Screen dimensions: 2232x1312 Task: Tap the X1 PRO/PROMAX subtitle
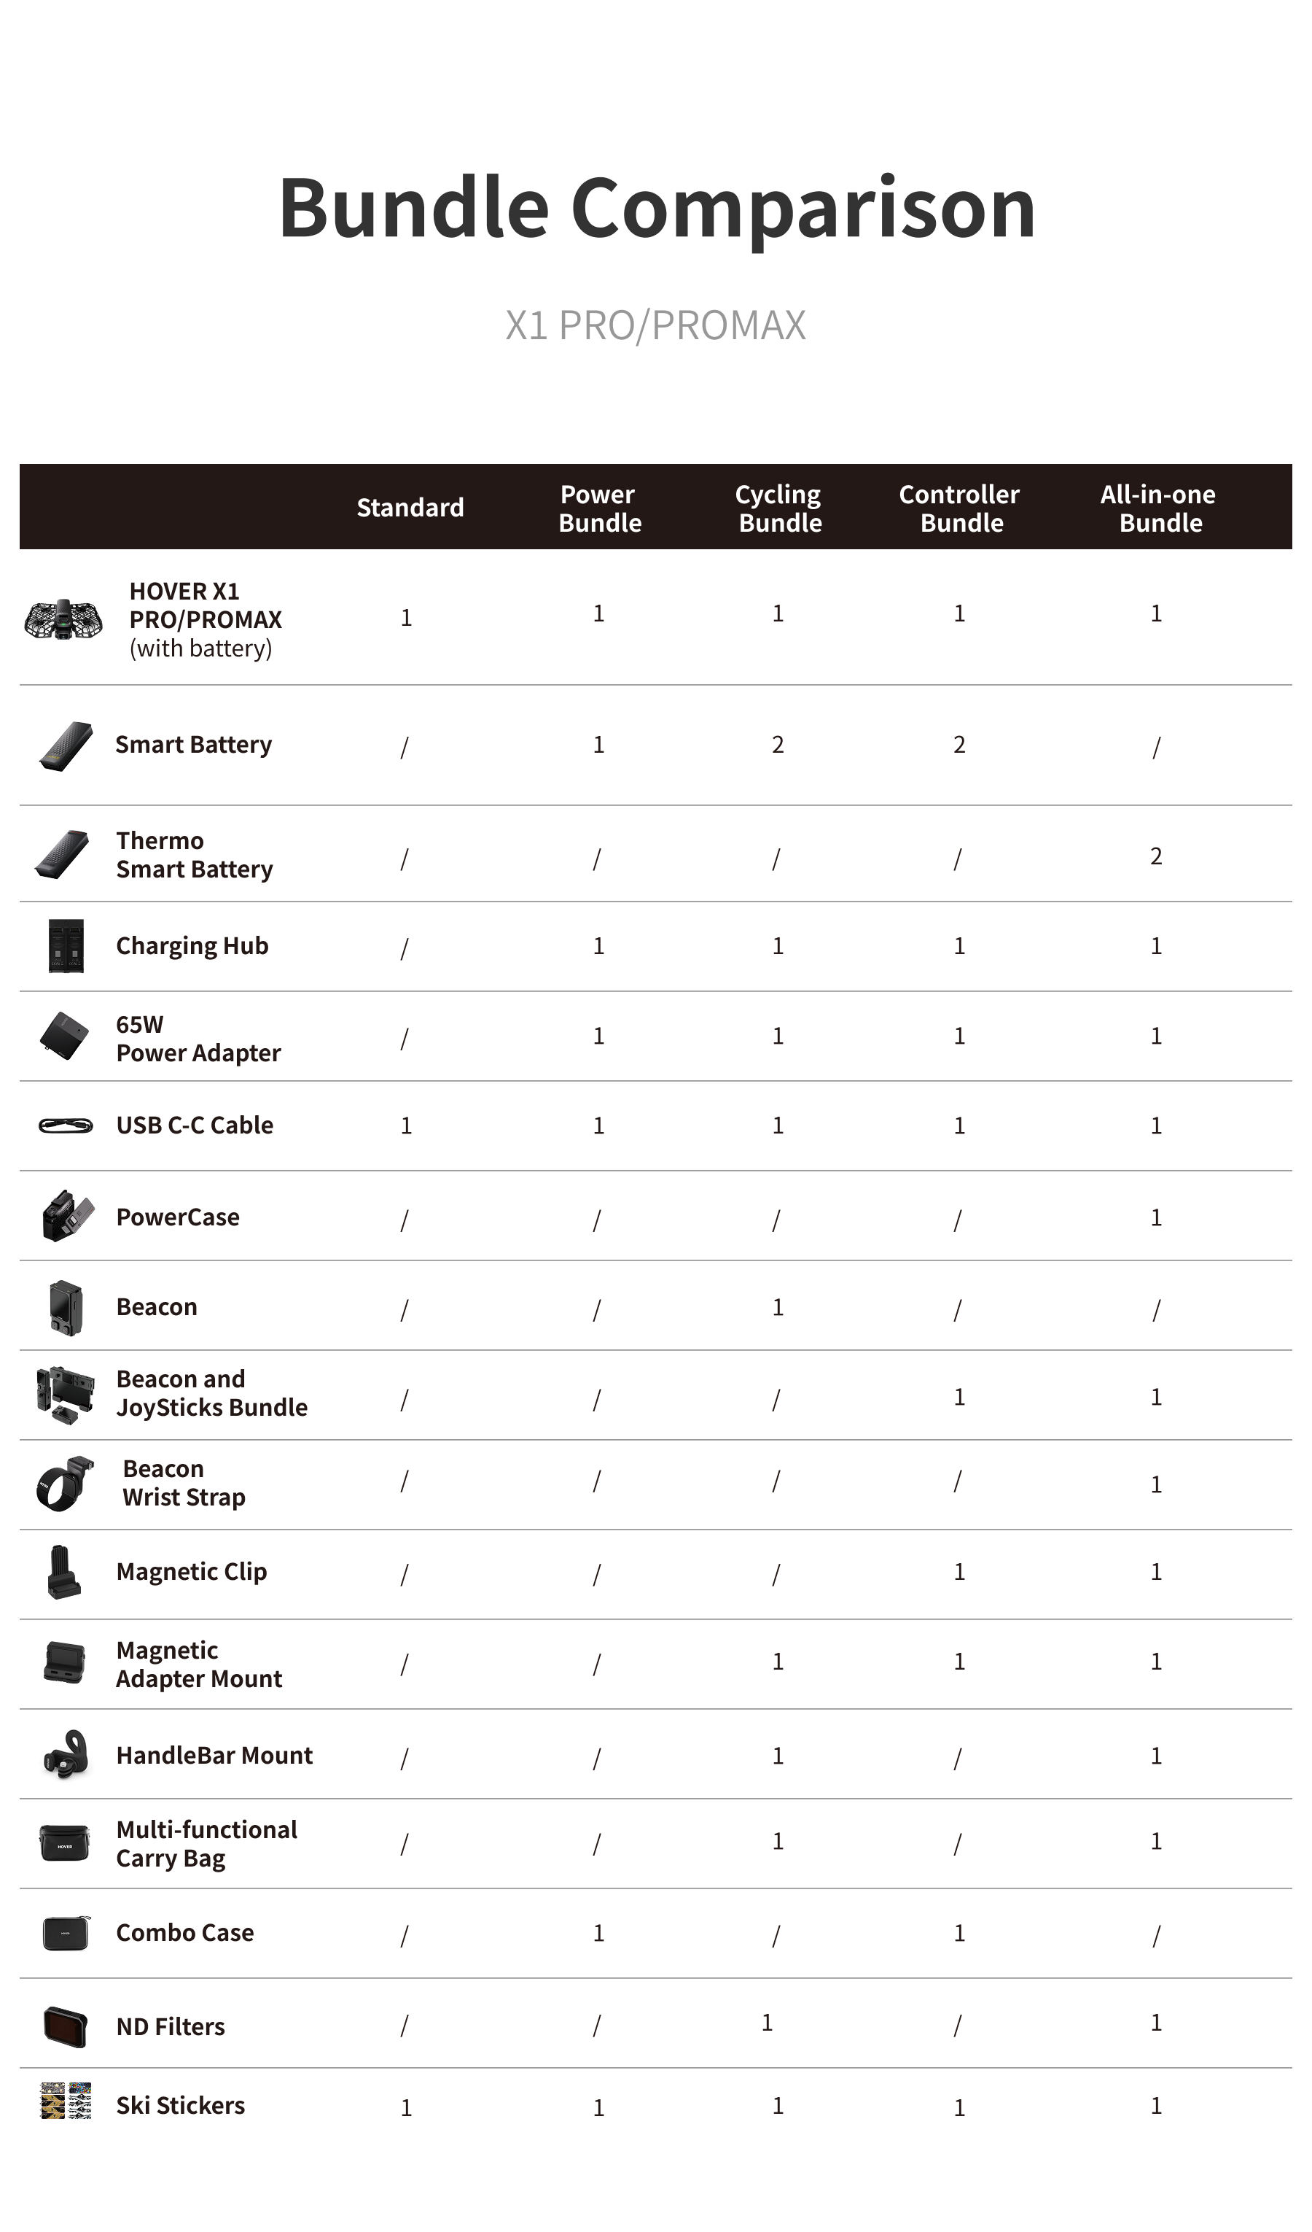[656, 325]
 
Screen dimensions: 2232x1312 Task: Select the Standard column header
[410, 508]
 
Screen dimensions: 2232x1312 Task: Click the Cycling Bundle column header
[779, 508]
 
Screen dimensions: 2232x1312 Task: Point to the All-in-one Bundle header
[1159, 508]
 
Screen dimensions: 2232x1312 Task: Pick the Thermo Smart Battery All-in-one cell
[1156, 856]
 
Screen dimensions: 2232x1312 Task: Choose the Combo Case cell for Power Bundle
[598, 1933]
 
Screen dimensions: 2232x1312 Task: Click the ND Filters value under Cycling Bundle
[768, 2022]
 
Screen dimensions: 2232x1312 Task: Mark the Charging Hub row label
[192, 945]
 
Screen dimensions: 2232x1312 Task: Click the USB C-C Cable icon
[66, 1125]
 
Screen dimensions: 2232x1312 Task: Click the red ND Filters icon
[66, 2026]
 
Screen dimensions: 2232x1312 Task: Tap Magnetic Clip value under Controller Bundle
[958, 1571]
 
